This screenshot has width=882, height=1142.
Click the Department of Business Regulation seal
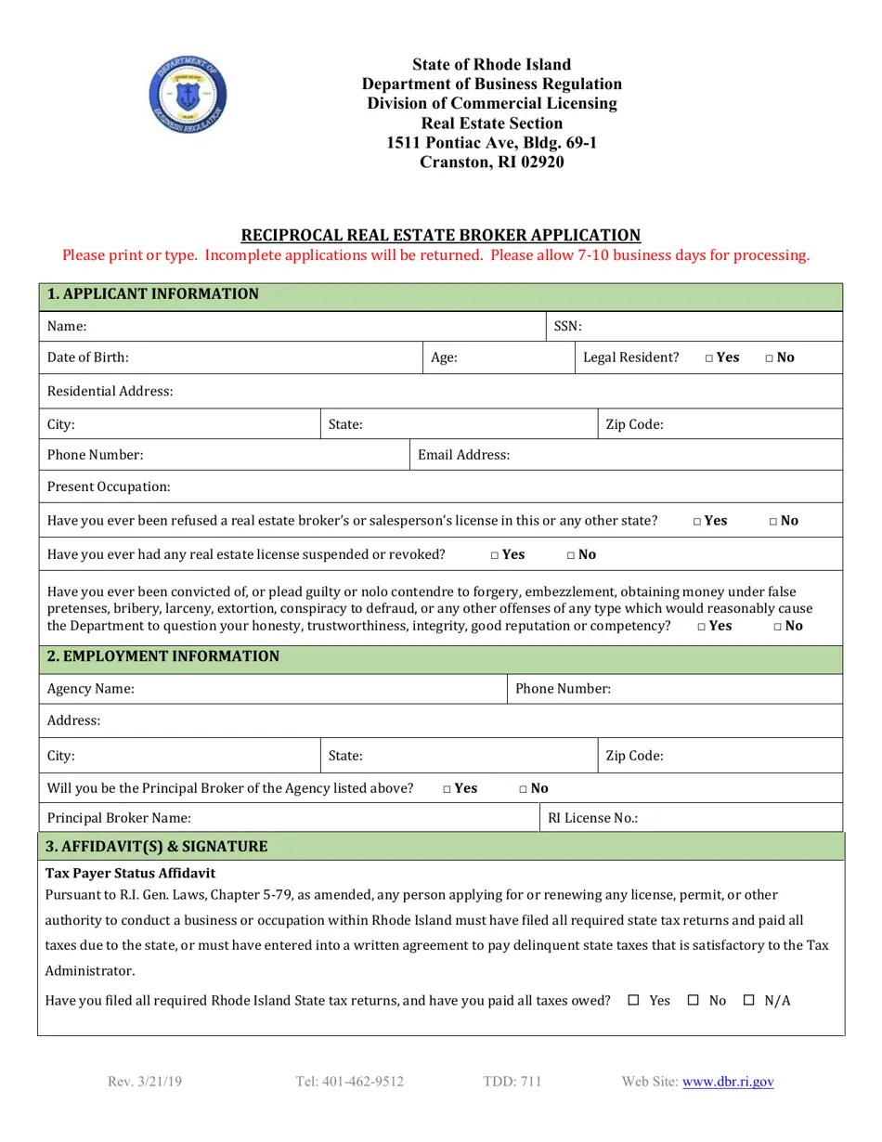tap(188, 95)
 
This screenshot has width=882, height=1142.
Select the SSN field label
tap(567, 326)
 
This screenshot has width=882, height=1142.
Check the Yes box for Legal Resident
tap(709, 358)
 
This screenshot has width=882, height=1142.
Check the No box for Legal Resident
tap(770, 358)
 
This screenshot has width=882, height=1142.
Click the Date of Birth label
tap(88, 357)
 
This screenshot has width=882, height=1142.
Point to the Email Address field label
tap(463, 455)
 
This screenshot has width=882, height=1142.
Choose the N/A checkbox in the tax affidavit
tap(749, 1000)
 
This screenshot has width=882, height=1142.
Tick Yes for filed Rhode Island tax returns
tap(634, 1000)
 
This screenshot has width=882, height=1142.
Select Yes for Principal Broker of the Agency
tap(447, 789)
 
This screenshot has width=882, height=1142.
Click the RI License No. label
tap(592, 818)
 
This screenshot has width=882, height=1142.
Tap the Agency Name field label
tap(91, 689)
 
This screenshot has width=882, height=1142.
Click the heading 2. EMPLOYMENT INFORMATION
tap(162, 656)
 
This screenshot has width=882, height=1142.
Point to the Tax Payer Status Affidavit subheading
tap(130, 874)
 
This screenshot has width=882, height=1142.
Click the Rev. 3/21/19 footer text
tap(145, 1082)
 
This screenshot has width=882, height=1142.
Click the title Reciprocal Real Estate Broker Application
tap(441, 235)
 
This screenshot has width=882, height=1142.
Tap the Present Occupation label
tap(109, 487)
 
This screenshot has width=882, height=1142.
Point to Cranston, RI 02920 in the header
tap(491, 162)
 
